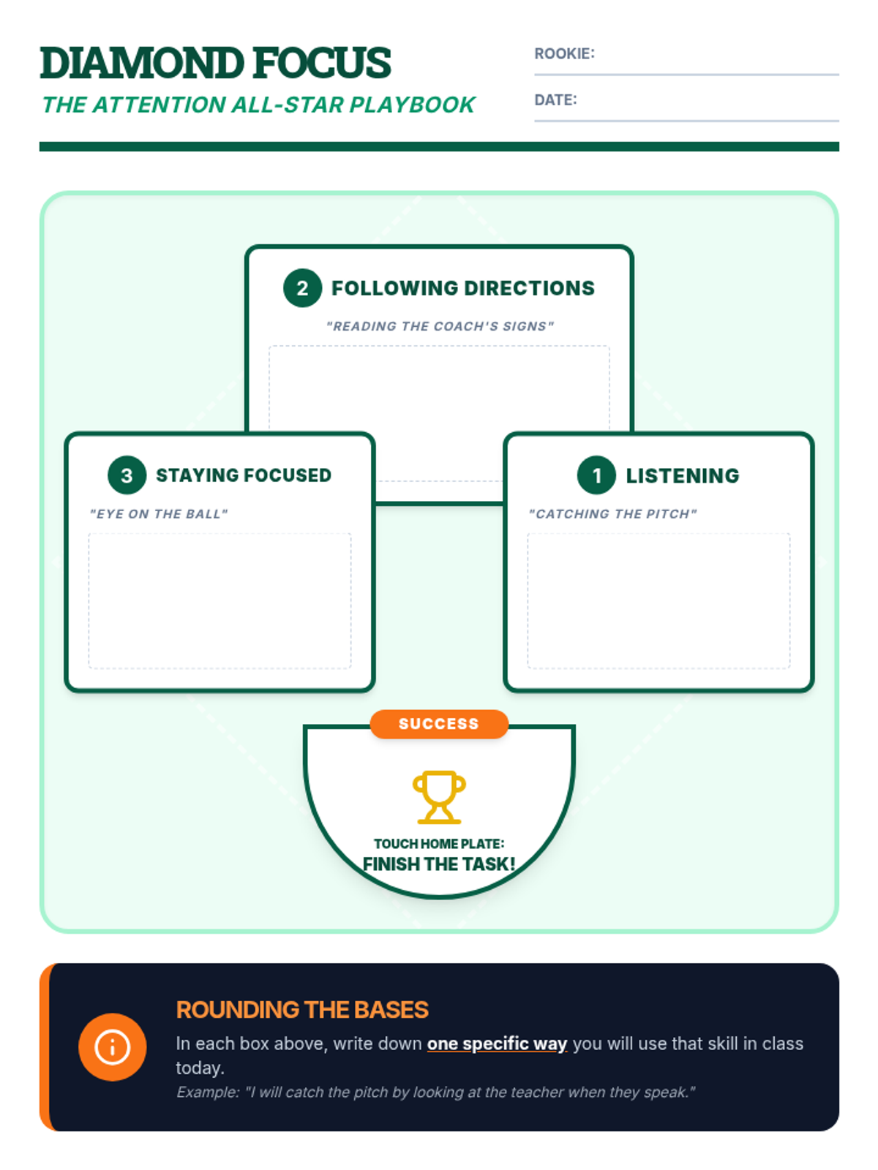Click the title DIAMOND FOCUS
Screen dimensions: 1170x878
[x=215, y=63]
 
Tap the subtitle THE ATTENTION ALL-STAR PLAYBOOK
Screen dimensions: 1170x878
[x=258, y=105]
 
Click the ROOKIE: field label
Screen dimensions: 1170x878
[x=564, y=53]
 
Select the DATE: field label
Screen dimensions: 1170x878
[x=555, y=100]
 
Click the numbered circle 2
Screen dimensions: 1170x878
[x=302, y=288]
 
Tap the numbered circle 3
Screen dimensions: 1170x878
[x=127, y=475]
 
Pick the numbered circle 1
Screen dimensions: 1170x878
[x=596, y=475]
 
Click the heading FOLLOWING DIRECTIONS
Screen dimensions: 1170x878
[x=462, y=288]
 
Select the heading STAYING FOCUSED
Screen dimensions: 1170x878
[x=243, y=475]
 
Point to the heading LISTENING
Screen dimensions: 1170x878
[x=682, y=476]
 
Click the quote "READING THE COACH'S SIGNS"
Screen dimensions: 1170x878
[x=440, y=326]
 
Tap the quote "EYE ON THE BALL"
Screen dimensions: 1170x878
[x=159, y=514]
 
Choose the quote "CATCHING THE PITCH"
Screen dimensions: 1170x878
[x=612, y=514]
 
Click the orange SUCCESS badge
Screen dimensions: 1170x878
[x=439, y=724]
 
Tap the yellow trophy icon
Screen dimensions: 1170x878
[x=439, y=796]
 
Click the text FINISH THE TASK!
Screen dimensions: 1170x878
[x=439, y=864]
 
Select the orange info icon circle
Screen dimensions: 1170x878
[x=112, y=1046]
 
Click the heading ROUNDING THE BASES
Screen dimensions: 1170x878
[x=302, y=1010]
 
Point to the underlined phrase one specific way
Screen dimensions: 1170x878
[x=497, y=1043]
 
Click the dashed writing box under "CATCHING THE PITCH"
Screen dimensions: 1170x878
[x=658, y=600]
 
